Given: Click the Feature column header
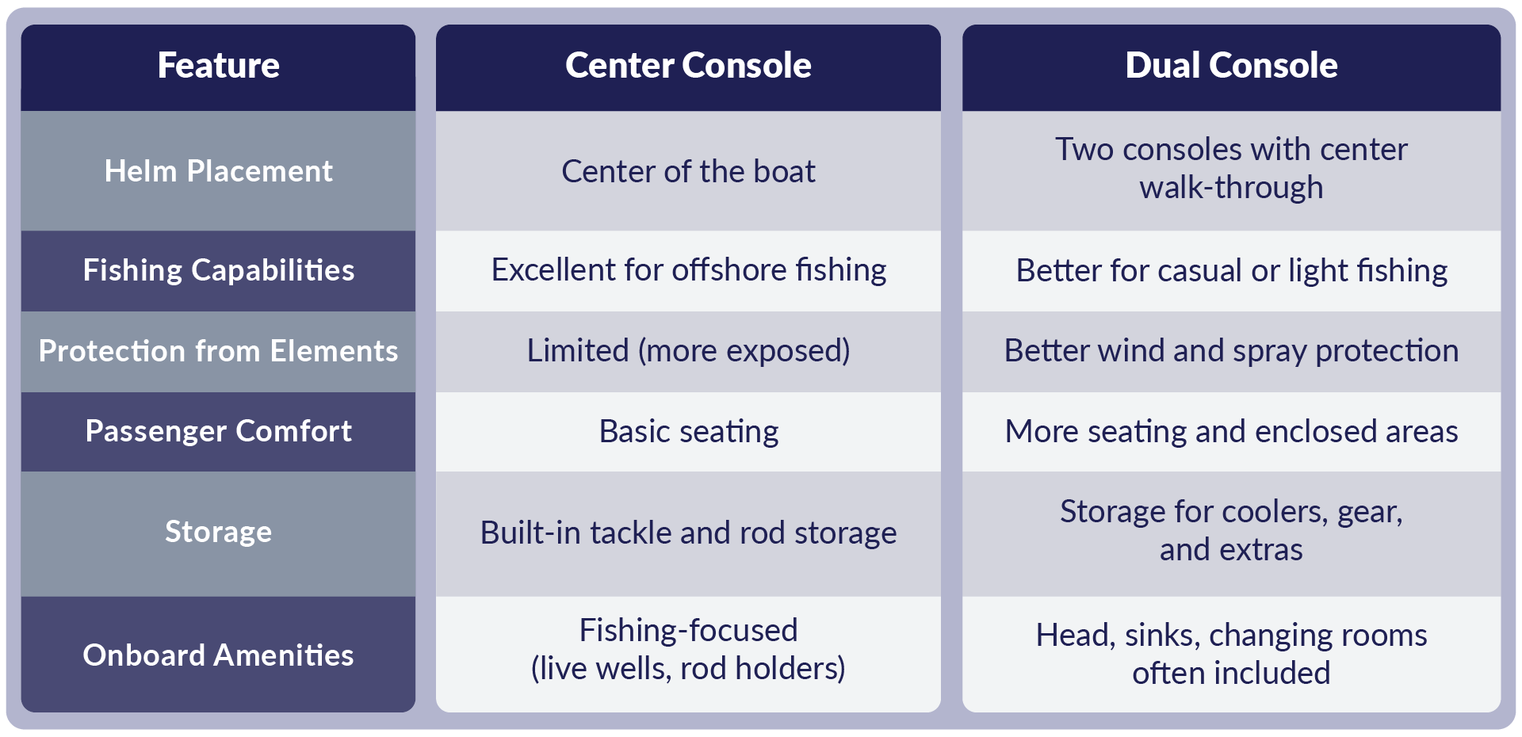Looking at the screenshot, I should click(x=218, y=66).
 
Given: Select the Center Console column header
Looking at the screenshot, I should click(x=688, y=66).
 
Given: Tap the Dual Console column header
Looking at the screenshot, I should click(x=1231, y=66).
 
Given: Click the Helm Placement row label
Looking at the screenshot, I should click(x=218, y=171).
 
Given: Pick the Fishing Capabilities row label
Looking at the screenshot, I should click(x=218, y=270).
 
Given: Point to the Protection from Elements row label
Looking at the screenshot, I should click(x=218, y=351).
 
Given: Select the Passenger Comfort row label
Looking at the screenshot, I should click(x=218, y=431).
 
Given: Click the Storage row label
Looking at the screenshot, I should click(x=218, y=532).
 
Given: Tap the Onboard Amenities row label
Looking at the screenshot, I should click(x=218, y=655).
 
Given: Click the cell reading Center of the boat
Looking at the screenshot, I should click(x=688, y=171).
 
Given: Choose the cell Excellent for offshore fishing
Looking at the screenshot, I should click(x=688, y=270).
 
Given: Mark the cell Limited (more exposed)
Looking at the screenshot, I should click(x=688, y=351).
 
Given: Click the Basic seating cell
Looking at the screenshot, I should click(x=688, y=432).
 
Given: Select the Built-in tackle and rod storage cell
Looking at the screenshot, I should click(x=688, y=533).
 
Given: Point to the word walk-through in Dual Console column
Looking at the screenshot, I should click(x=1231, y=189).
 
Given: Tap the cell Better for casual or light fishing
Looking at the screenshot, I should click(x=1231, y=271).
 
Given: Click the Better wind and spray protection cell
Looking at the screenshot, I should click(x=1231, y=351).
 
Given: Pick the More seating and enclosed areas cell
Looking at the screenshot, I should click(x=1231, y=432).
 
